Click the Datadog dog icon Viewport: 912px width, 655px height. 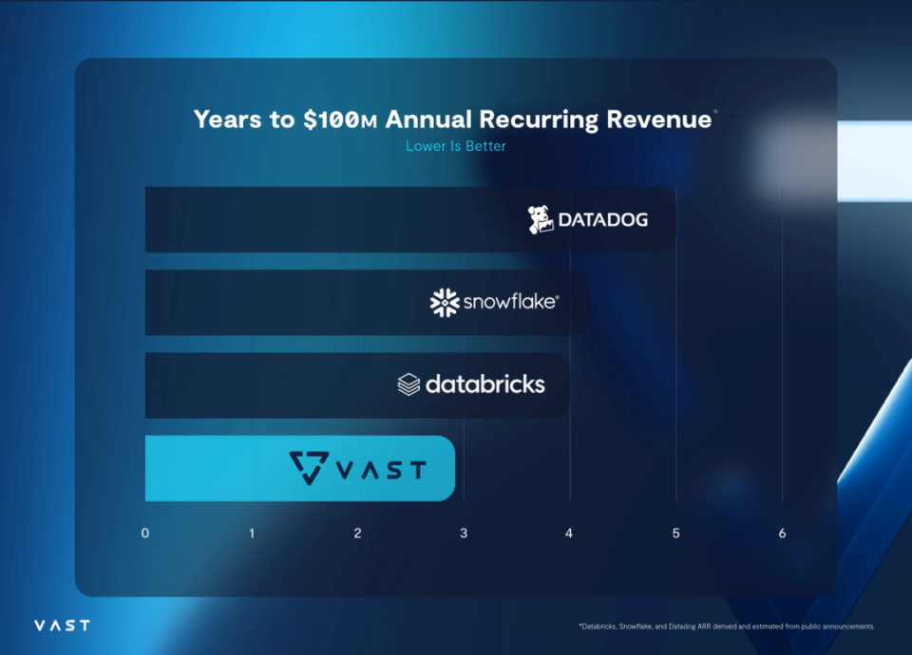tap(541, 220)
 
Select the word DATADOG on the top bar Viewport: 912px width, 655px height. tap(602, 220)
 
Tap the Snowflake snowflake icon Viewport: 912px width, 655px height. tap(445, 303)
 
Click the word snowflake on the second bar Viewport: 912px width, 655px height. tap(511, 303)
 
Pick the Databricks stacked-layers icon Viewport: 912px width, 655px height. tap(408, 384)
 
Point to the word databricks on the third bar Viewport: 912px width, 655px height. tap(485, 384)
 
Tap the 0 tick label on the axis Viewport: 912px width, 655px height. tap(145, 533)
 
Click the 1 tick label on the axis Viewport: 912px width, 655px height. tap(252, 533)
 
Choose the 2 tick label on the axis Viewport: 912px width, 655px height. tap(358, 533)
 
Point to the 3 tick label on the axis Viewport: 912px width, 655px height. tap(464, 533)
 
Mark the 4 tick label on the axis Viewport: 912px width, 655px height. tap(570, 533)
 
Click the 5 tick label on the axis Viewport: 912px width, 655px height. tap(676, 533)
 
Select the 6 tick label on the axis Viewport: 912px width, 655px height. tap(783, 533)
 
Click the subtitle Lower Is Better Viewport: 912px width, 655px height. tap(456, 146)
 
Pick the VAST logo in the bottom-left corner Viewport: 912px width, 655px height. tap(62, 626)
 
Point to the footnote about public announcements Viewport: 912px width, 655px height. tap(726, 627)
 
